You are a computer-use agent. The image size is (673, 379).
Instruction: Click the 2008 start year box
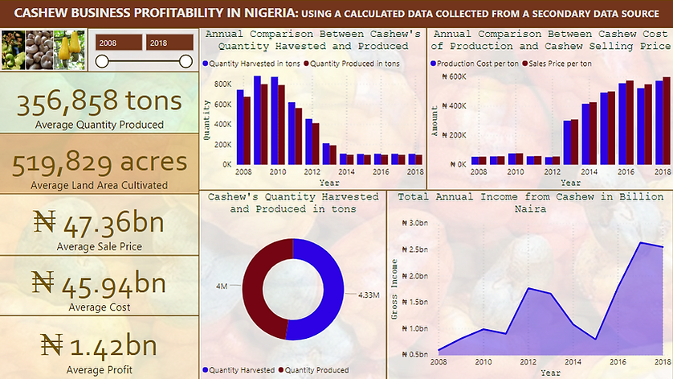(109, 43)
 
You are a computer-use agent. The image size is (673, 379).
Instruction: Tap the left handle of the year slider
(102, 62)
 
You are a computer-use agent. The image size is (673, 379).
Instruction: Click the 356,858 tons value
(100, 103)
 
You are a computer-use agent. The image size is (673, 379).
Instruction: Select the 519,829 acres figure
(100, 163)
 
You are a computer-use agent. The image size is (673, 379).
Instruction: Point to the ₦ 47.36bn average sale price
(100, 220)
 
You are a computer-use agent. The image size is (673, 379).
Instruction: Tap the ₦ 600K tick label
(453, 76)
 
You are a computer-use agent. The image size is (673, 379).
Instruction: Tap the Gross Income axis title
(395, 289)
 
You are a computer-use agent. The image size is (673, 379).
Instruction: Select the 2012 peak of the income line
(528, 288)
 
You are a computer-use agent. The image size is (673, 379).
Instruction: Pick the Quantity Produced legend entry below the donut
(315, 370)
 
